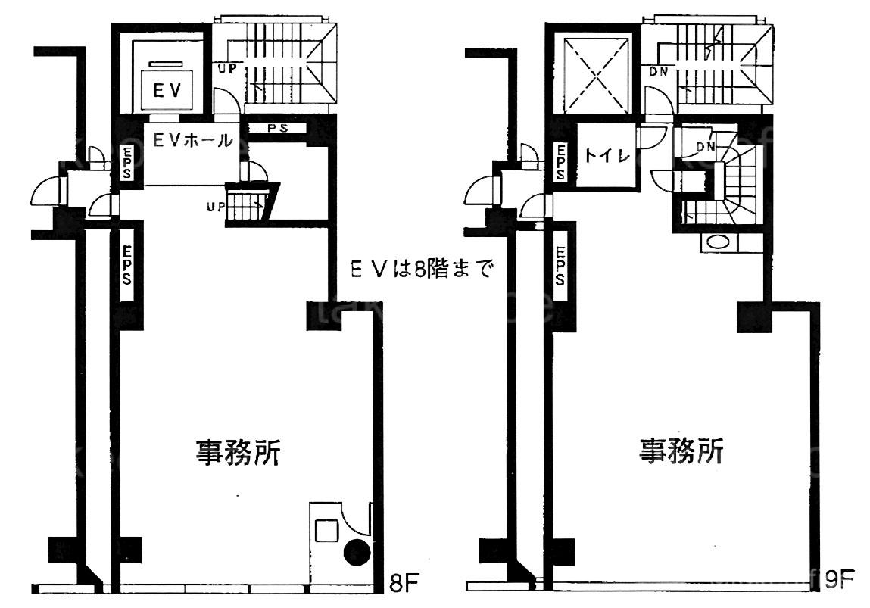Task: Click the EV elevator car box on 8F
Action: (x=167, y=88)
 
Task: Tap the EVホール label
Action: (x=192, y=141)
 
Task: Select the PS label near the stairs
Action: (x=277, y=129)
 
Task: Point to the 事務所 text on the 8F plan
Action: (x=238, y=452)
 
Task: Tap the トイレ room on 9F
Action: (x=607, y=156)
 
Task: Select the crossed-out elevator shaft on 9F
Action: (x=597, y=73)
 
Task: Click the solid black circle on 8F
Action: (x=357, y=552)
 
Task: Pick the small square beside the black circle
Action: (x=326, y=530)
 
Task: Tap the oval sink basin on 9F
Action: (x=719, y=242)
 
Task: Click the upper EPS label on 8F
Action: (x=127, y=163)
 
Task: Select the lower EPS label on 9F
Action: (x=560, y=266)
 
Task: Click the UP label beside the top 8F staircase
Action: (x=226, y=69)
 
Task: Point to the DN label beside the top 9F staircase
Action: (x=660, y=72)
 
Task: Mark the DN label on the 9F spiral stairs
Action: (x=706, y=147)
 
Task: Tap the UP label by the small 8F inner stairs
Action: (x=216, y=207)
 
